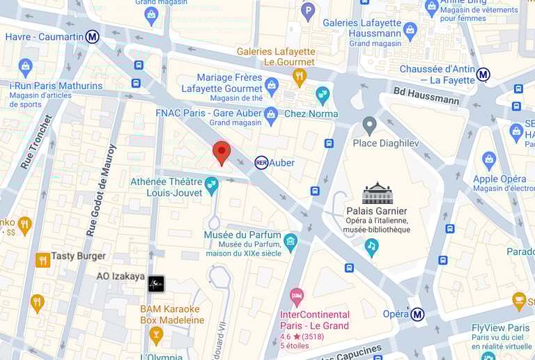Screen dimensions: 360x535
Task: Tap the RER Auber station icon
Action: click(261, 162)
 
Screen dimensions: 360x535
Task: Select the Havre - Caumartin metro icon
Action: click(92, 37)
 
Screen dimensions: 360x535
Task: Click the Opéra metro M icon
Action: click(417, 314)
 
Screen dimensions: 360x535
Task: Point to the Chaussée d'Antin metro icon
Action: click(483, 75)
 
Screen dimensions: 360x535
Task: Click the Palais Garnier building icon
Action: click(377, 193)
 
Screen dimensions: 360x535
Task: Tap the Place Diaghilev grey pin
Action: click(370, 125)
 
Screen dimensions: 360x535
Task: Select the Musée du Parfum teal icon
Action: click(290, 241)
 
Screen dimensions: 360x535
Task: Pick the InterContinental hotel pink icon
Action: click(297, 296)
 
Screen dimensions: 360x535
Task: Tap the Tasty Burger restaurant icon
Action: click(43, 260)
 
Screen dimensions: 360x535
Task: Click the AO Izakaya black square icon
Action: click(156, 283)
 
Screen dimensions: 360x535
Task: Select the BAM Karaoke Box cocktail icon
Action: click(156, 335)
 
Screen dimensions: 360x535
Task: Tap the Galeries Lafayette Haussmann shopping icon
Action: click(410, 31)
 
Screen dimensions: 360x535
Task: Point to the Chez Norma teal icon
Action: click(323, 95)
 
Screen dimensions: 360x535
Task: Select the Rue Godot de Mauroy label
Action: click(102, 189)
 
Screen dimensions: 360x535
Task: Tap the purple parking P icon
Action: click(308, 10)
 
